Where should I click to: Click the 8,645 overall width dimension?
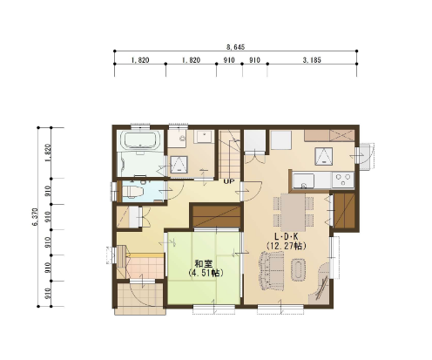tap(235, 47)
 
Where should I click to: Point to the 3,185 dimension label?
tap(312, 60)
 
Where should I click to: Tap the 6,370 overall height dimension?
tap(36, 217)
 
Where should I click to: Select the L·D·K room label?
tap(287, 236)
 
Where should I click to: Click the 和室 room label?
tap(204, 264)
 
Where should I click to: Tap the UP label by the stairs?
tap(229, 181)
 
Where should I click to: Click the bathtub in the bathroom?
tap(142, 140)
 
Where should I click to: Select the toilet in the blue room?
tap(133, 191)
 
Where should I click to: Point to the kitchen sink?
tap(303, 180)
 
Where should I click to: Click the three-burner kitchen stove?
tap(343, 180)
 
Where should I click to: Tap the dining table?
tap(293, 212)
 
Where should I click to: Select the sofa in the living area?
tap(271, 271)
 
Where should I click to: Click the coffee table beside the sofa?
tap(299, 269)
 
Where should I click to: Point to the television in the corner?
tap(321, 289)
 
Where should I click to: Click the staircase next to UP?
tap(230, 154)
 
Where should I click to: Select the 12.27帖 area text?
tap(287, 246)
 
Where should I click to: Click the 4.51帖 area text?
tap(206, 273)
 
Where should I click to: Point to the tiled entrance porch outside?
tap(140, 299)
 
